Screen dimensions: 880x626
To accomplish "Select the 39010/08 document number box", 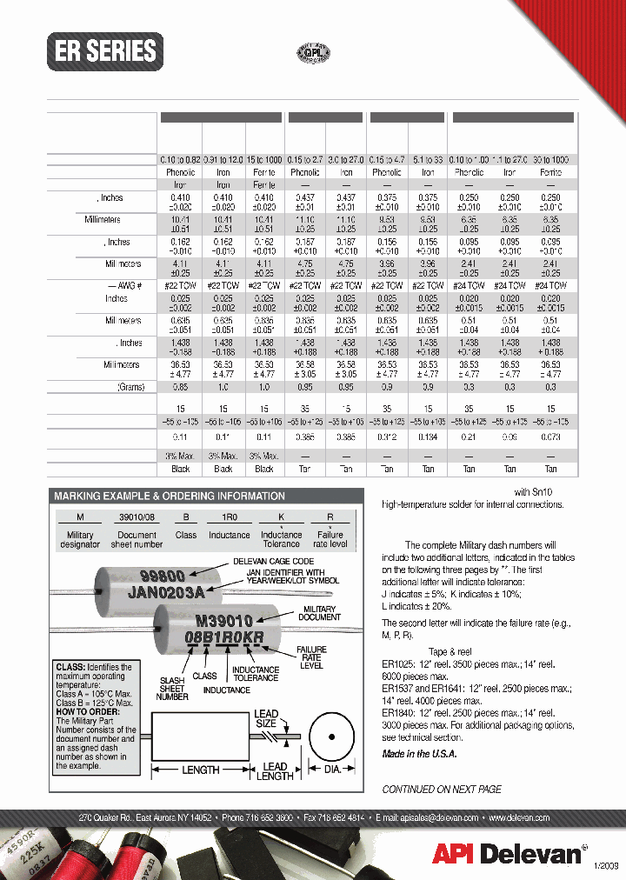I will tap(137, 517).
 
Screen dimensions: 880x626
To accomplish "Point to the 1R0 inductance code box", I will tap(229, 517).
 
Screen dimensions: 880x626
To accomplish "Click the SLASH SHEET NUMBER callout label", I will tap(172, 687).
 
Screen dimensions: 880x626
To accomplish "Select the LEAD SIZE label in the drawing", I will tap(266, 718).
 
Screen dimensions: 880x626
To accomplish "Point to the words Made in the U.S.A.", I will tap(419, 754).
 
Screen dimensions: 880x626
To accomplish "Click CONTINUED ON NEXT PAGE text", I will tap(442, 789).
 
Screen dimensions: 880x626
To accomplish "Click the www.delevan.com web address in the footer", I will tap(519, 818).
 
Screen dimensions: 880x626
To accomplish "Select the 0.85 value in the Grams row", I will tap(181, 387).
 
